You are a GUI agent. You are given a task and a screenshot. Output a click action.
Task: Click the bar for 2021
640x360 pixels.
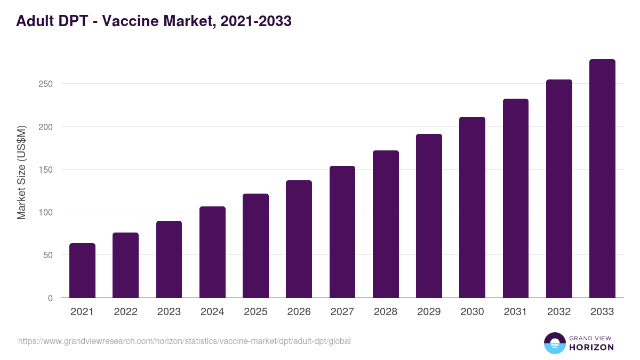[82, 270]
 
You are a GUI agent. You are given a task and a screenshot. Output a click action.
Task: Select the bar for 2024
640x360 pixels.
[212, 252]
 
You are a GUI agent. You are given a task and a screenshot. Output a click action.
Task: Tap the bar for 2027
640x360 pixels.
[342, 231]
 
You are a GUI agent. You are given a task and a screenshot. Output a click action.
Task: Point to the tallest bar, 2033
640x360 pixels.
[602, 178]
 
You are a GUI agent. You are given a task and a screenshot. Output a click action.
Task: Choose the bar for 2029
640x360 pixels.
[429, 215]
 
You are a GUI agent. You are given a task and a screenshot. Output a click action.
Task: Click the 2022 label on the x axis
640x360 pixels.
[125, 312]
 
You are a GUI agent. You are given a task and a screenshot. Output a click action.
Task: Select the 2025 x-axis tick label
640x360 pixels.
[255, 312]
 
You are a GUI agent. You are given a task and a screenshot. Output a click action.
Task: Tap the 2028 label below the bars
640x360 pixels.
[386, 312]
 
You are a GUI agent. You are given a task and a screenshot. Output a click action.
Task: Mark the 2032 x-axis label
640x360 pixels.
[559, 312]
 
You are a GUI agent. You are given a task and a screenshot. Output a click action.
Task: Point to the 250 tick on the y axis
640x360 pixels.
[45, 84]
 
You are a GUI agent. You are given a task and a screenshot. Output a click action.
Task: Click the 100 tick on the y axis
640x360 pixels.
[45, 212]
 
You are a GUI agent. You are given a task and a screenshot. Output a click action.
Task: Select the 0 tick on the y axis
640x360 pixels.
[50, 298]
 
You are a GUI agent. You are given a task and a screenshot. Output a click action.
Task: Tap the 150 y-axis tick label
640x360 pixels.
[45, 170]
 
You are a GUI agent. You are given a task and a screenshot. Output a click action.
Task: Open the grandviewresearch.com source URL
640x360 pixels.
[185, 341]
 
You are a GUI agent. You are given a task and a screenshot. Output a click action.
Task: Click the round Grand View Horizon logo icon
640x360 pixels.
[554, 343]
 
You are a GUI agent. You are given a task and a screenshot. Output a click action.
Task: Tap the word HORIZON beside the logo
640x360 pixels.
[591, 347]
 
